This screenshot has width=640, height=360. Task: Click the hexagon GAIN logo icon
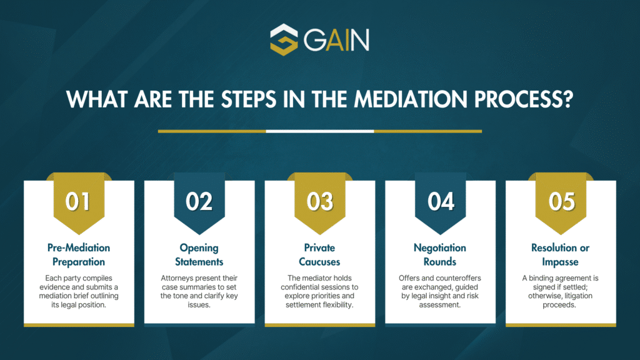coord(284,39)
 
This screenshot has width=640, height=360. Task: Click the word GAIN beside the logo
coord(336,39)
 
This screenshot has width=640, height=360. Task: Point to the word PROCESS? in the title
coord(524,99)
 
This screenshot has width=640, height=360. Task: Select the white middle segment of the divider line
coord(320,131)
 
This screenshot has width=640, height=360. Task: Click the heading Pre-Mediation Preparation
coord(79,255)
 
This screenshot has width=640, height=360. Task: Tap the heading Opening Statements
coord(199,255)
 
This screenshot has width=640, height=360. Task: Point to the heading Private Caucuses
coord(319,255)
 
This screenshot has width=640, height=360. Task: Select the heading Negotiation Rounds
coord(440,255)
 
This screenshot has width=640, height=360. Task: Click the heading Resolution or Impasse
coord(561,255)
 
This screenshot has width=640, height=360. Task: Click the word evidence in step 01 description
coord(55,287)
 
